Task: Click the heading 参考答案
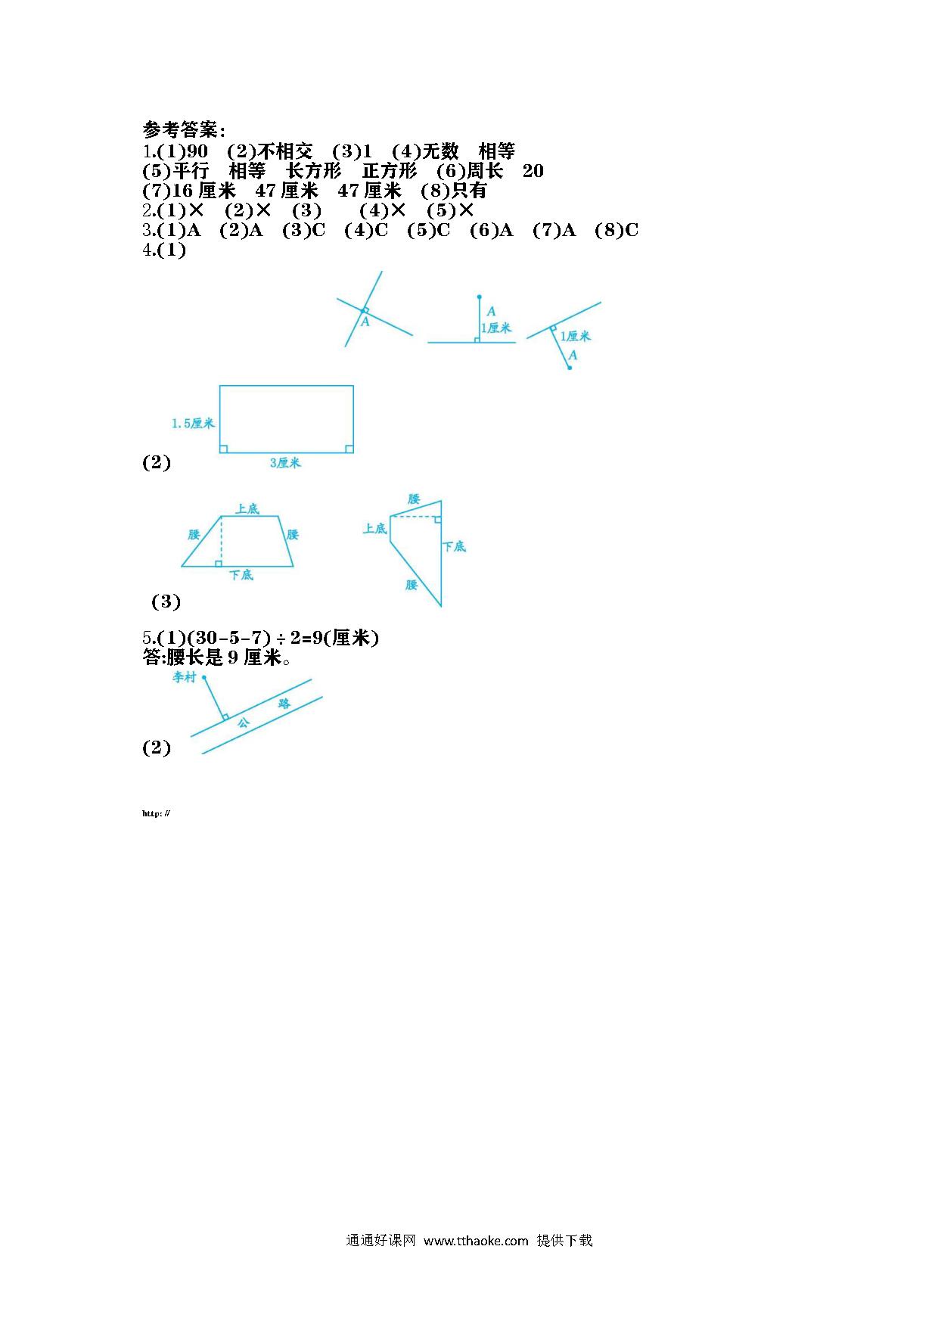(179, 129)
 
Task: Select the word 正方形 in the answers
(390, 171)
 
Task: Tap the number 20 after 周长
(533, 171)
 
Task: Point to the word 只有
(469, 191)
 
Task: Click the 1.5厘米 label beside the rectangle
(193, 424)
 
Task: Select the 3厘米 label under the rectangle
(285, 462)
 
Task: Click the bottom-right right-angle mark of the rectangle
(349, 449)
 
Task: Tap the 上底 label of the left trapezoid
(247, 508)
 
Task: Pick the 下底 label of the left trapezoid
(241, 575)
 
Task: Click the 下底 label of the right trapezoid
(454, 546)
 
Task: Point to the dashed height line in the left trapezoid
(221, 541)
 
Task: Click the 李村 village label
(184, 677)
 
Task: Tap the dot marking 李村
(204, 677)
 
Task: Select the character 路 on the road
(284, 704)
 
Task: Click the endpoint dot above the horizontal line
(479, 297)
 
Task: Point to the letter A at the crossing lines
(365, 322)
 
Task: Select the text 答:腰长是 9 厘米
(217, 658)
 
